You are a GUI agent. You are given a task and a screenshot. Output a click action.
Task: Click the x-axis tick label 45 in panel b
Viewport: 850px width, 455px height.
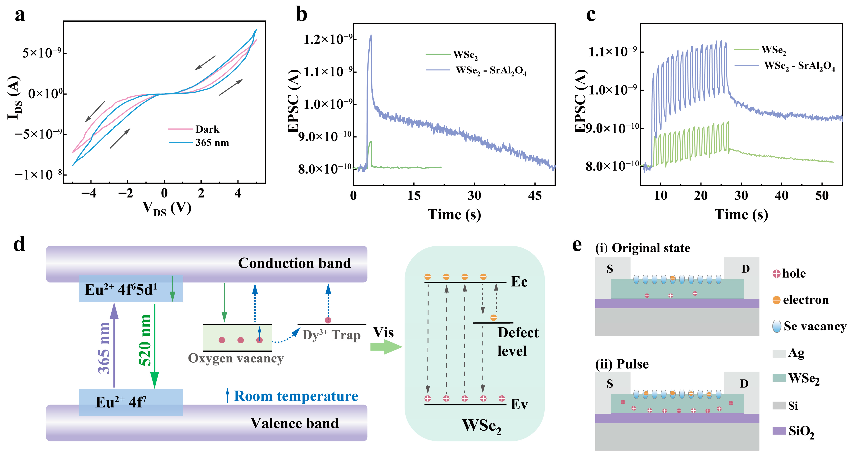point(535,196)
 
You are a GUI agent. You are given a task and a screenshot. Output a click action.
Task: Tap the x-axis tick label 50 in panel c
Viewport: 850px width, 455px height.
point(822,196)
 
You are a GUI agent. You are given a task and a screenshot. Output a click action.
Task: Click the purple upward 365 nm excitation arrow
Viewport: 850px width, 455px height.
point(114,345)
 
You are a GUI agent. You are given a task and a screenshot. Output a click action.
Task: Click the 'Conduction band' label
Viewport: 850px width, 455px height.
point(294,263)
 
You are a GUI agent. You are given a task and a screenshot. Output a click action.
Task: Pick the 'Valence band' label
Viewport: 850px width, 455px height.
point(294,423)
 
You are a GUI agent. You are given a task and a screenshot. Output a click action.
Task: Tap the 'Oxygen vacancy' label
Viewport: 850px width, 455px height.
point(236,358)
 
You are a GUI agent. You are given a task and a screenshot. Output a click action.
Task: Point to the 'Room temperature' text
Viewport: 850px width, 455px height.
point(296,396)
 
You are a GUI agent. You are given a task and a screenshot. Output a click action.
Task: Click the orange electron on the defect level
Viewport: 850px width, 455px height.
point(493,317)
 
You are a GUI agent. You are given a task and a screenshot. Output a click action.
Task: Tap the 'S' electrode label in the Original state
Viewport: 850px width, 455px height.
point(610,269)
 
